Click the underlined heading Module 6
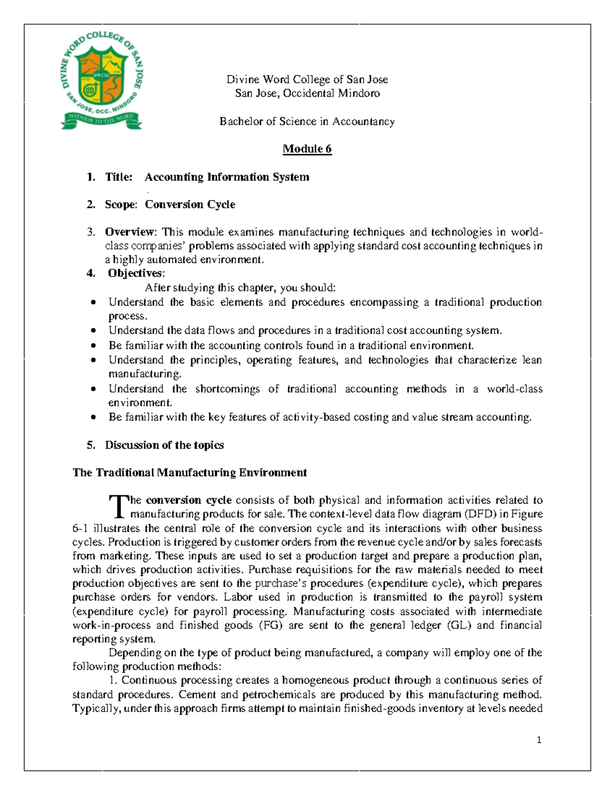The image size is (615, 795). (x=307, y=149)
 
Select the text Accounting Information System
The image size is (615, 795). (x=227, y=177)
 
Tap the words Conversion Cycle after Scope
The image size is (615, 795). (x=190, y=205)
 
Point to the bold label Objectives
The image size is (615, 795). (x=135, y=273)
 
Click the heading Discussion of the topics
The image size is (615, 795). (x=164, y=445)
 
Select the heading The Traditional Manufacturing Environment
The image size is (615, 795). (x=190, y=472)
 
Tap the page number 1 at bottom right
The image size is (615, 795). (x=539, y=740)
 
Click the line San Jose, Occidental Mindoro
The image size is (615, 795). (x=307, y=93)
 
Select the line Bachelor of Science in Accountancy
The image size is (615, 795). (x=307, y=121)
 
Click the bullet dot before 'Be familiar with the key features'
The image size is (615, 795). (x=93, y=418)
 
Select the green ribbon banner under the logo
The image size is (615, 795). (x=101, y=120)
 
